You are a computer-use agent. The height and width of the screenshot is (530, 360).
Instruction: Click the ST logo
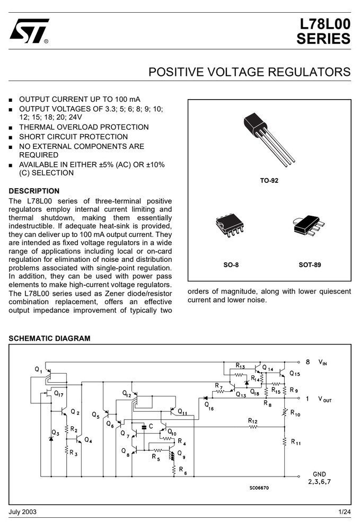(29, 31)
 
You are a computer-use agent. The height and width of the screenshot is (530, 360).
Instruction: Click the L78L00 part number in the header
(325, 24)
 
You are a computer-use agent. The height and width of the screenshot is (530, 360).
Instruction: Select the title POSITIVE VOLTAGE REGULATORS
(250, 72)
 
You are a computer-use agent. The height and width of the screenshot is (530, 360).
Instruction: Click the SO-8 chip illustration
(230, 225)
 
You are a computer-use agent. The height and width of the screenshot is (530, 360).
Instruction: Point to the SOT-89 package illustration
(309, 225)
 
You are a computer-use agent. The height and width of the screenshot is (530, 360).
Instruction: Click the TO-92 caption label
(269, 181)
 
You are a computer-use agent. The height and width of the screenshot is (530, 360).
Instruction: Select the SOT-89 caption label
(310, 264)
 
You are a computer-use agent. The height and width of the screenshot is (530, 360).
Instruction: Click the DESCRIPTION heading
(34, 191)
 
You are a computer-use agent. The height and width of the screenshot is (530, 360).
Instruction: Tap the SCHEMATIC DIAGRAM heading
(49, 338)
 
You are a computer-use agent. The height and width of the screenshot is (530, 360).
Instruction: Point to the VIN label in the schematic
(322, 363)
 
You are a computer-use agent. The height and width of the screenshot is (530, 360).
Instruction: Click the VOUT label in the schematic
(324, 399)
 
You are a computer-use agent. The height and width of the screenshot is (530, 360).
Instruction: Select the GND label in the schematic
(319, 474)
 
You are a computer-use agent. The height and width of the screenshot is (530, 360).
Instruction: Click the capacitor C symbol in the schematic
(144, 427)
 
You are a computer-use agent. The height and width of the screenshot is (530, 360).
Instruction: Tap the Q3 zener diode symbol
(51, 438)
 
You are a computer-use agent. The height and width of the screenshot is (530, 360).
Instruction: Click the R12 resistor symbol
(253, 427)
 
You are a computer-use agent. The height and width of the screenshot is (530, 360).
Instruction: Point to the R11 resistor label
(296, 442)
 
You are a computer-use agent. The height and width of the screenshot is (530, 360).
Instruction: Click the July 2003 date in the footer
(22, 512)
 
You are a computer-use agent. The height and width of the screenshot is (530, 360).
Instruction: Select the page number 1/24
(345, 512)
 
